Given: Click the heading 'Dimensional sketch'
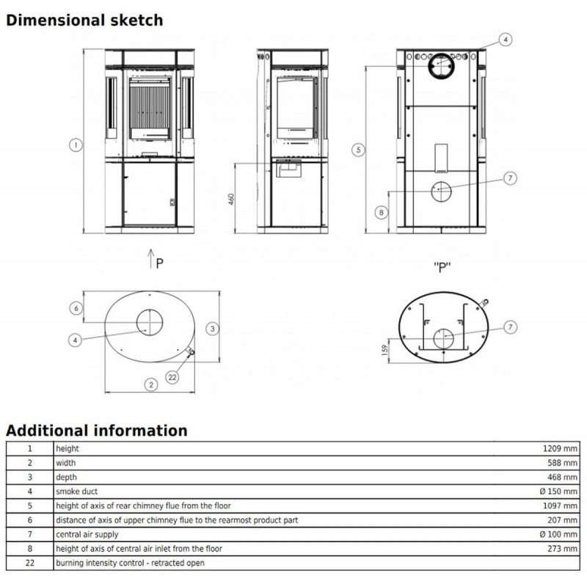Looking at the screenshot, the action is [x=84, y=21].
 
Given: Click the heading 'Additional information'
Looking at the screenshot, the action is [x=97, y=431].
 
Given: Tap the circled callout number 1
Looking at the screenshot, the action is [x=76, y=145].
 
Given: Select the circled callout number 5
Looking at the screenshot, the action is [x=358, y=150].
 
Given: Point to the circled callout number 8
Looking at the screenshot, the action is [x=381, y=213].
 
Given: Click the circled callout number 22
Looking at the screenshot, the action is [x=172, y=377].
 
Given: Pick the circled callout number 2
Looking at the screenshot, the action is [x=151, y=384].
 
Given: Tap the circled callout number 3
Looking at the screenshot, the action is [x=212, y=329].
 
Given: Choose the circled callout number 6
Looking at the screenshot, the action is [x=76, y=308].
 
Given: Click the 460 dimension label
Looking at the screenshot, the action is [x=231, y=199].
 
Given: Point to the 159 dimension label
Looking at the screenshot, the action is [x=384, y=350].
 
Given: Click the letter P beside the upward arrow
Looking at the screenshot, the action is [x=159, y=263].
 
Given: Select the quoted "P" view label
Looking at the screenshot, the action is [x=442, y=267].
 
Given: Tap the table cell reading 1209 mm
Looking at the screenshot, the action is [x=560, y=448].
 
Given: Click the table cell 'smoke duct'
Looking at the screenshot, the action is [x=77, y=491].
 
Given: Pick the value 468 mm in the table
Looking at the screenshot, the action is [x=562, y=478].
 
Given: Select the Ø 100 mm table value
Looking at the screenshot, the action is [x=558, y=534].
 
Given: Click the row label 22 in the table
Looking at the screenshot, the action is [x=30, y=563].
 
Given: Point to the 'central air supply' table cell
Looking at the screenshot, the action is [x=87, y=535].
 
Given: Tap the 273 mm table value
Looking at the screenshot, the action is [x=562, y=549].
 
